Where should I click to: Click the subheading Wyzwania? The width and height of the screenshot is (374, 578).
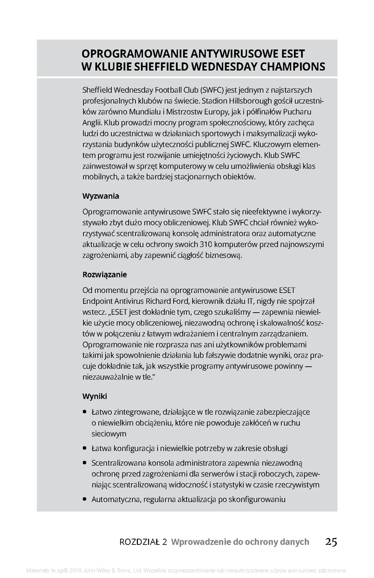(101, 197)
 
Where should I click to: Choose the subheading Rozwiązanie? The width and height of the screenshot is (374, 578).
(105, 275)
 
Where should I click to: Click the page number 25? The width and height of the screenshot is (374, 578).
(331, 542)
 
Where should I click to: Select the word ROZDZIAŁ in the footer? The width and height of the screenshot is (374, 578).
(140, 542)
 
